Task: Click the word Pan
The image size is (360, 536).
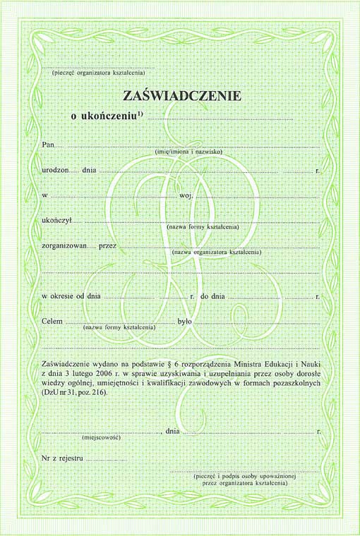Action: pos(49,145)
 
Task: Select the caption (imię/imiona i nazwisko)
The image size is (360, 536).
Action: pos(188,152)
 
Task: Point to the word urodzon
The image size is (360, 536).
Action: pos(55,170)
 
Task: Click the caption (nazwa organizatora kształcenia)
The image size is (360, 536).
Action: pos(216,252)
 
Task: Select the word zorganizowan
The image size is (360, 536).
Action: pos(64,246)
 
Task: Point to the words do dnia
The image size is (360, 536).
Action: pos(212,297)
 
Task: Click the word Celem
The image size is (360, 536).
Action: pos(53,322)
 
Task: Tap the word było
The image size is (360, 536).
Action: pos(185,322)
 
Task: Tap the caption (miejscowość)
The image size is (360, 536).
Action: pos(101,438)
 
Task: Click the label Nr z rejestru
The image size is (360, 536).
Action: pos(63,458)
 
